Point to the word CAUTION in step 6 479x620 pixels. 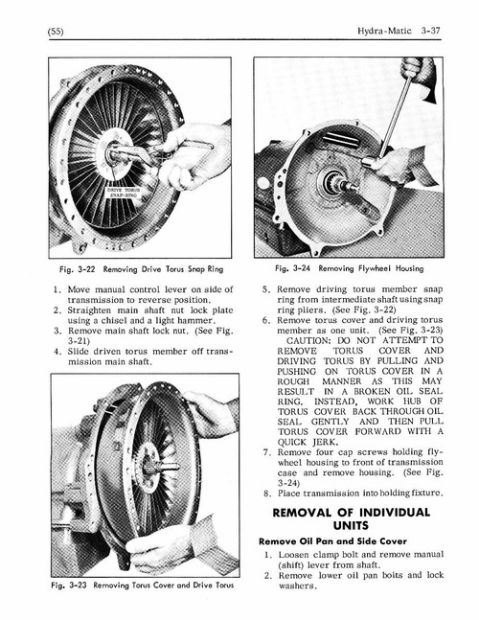307,340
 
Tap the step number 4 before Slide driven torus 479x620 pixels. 59,351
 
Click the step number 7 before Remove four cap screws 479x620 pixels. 267,451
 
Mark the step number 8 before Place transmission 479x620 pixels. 267,493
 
